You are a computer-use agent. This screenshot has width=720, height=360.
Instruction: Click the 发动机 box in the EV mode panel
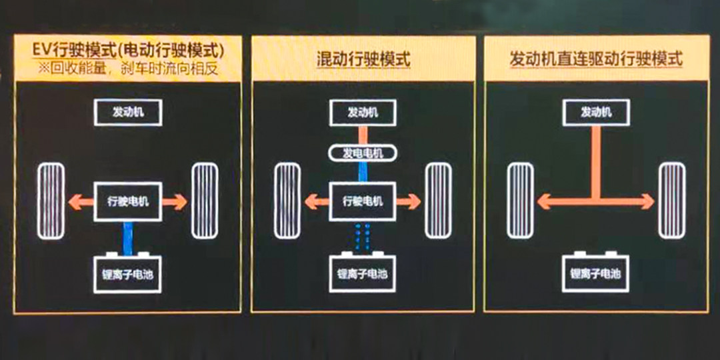coord(128,112)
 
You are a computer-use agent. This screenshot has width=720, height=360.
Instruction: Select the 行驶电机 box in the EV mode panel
coord(128,201)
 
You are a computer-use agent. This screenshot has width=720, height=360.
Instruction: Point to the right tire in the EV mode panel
coord(204,201)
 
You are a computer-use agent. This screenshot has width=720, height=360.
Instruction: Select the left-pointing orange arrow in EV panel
coord(81,201)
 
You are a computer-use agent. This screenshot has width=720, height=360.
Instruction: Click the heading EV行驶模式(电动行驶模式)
coord(128,50)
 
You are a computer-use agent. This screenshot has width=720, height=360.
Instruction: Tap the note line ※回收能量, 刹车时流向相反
coord(128,68)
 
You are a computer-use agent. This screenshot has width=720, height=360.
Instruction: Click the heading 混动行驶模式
coord(363,59)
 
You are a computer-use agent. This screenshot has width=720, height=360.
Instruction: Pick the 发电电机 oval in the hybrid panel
coord(363,153)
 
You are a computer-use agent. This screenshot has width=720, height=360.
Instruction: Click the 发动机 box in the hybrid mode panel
coord(363,112)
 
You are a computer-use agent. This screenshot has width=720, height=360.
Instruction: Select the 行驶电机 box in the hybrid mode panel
coord(363,201)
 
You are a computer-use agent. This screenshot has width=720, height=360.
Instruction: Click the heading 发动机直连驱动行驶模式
coord(595,59)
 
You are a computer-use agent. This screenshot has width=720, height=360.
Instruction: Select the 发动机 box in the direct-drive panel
coord(595,112)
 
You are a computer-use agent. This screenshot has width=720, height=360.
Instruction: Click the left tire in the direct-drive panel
coord(520,201)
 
